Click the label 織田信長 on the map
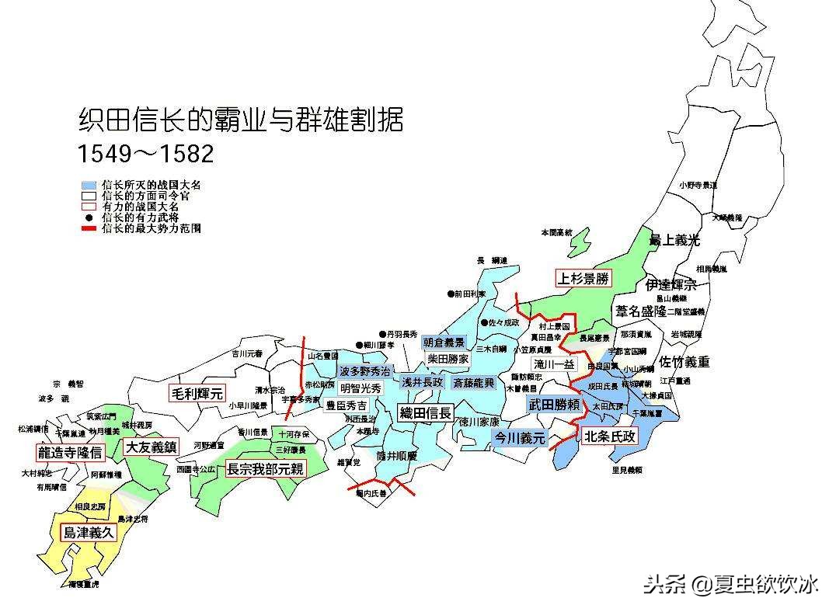(x=425, y=413)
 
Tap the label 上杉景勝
(x=583, y=278)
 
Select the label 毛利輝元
(x=197, y=393)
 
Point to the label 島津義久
(x=88, y=533)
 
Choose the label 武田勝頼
(x=554, y=405)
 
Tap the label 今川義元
(x=521, y=438)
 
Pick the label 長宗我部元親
(x=265, y=469)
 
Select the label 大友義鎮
(x=151, y=447)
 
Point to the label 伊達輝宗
(x=671, y=285)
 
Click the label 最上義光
(x=674, y=241)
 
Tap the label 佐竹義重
(x=684, y=362)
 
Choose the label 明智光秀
(x=361, y=388)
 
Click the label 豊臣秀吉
(x=347, y=405)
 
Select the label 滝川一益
(x=554, y=363)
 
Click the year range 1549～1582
(x=145, y=153)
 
